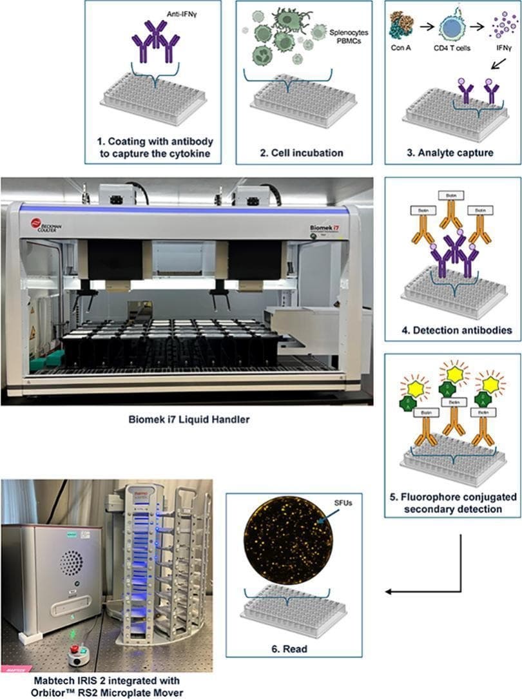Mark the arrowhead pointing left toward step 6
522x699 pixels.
[x=389, y=591]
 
